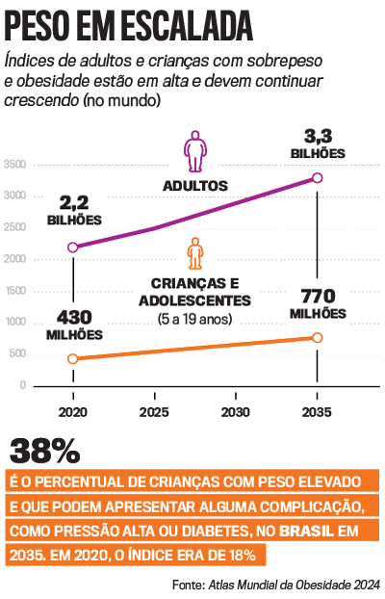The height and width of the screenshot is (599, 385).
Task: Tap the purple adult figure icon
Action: pyautogui.click(x=194, y=151)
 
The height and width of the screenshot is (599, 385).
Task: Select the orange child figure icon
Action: pyautogui.click(x=195, y=254)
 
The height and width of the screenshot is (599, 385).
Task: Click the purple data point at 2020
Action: pyautogui.click(x=73, y=247)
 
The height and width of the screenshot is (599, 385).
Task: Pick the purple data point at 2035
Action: pyautogui.click(x=318, y=178)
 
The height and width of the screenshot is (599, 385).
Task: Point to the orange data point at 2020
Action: pyautogui.click(x=73, y=359)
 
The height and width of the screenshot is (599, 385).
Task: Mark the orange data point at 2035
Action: pyautogui.click(x=318, y=338)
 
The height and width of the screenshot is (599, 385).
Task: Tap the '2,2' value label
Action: pyautogui.click(x=74, y=203)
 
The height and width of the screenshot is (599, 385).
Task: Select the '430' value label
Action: pyautogui.click(x=74, y=317)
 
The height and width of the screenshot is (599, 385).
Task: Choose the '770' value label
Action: pyautogui.click(x=318, y=296)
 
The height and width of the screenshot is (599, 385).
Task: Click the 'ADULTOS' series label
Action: pyautogui.click(x=194, y=184)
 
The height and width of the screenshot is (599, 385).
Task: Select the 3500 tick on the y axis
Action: pyautogui.click(x=14, y=166)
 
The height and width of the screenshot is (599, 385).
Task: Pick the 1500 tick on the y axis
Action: pyautogui.click(x=14, y=291)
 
